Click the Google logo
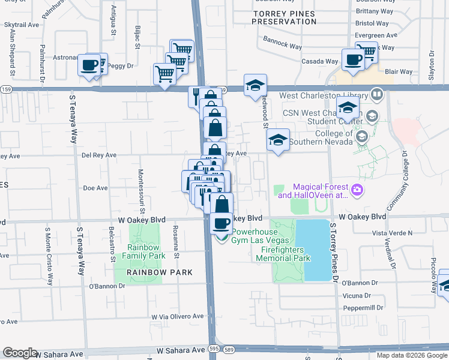pos(20,353)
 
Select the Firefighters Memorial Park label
pos(283,254)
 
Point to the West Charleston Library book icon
pos(376,94)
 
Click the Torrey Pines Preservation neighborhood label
pos(284,17)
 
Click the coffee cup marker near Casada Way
pos(352,60)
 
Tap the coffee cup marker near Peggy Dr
pos(89,65)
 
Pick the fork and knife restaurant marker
pos(196,97)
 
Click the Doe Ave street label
pos(95,188)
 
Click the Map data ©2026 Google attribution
pos(411,355)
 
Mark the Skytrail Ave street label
pos(21,25)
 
